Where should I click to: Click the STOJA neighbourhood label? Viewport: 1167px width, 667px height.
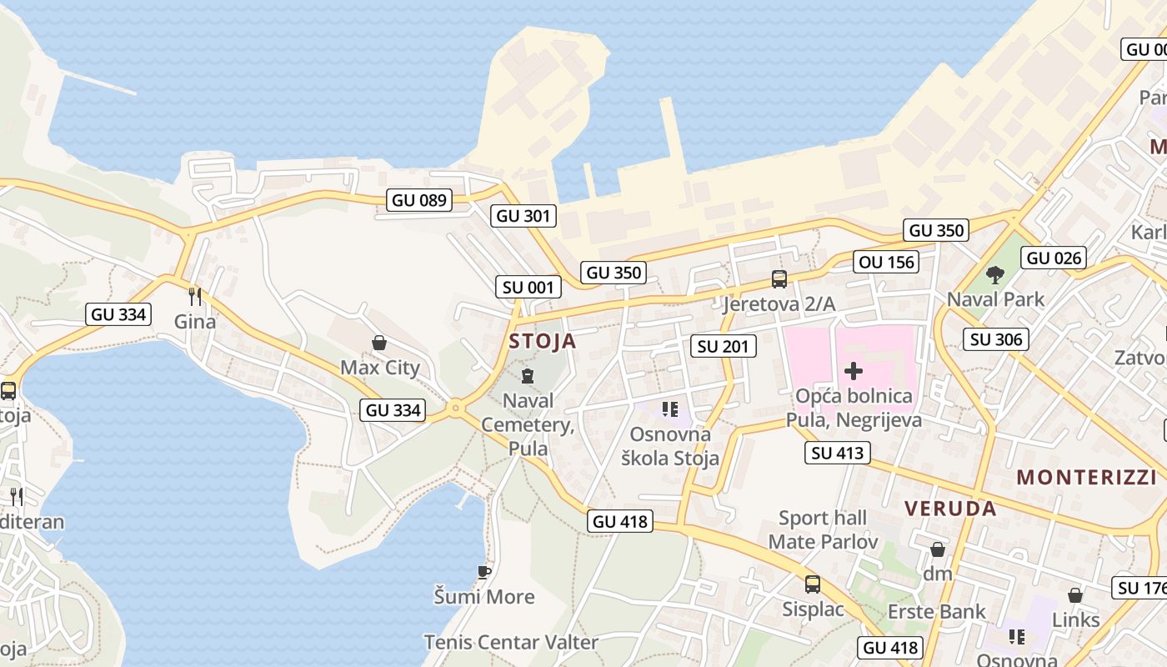point(542,341)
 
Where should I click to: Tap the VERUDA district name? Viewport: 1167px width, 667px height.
point(950,509)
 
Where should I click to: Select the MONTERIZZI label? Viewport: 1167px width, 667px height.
point(1086,478)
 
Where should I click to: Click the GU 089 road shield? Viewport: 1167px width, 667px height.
point(420,200)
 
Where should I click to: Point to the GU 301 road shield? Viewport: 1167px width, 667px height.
point(523,216)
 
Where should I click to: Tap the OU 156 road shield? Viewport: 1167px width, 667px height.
point(887,263)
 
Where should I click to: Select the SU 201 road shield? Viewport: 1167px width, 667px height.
point(724,346)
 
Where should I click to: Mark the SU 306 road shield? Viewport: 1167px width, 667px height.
point(996,339)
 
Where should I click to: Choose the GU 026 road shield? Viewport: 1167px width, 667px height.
point(1054,258)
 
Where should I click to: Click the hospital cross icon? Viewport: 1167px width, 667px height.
point(853,371)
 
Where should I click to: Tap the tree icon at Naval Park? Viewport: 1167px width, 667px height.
point(994,274)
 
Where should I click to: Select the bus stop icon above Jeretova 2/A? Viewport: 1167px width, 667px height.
point(779,279)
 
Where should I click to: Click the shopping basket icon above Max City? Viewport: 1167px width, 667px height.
point(379,343)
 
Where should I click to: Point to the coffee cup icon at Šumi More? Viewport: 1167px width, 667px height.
point(483,572)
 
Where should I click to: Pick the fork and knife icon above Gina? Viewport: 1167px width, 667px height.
point(194,296)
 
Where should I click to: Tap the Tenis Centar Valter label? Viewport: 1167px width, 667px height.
point(511,643)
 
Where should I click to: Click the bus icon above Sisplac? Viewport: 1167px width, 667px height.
point(813,584)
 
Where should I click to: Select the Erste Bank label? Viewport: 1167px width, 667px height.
point(937,612)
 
